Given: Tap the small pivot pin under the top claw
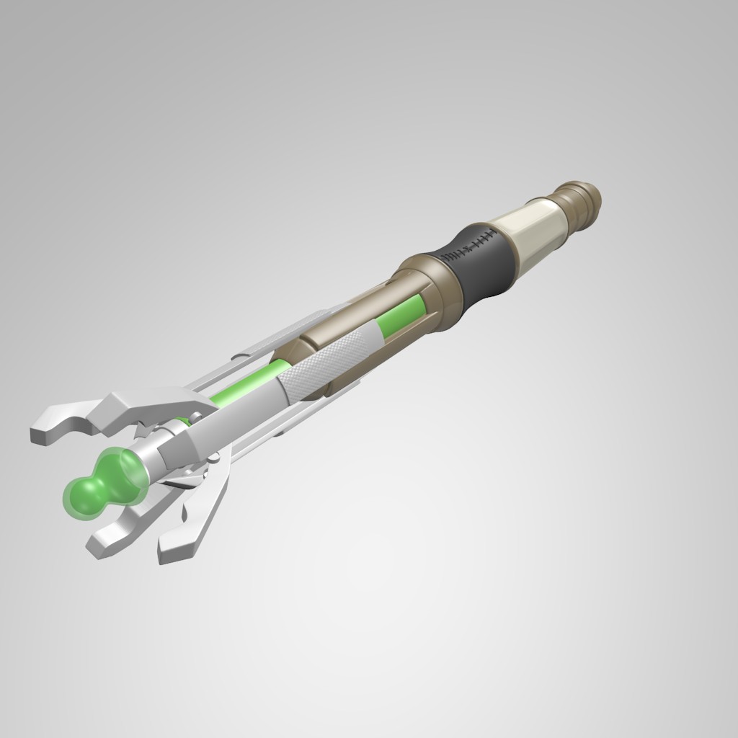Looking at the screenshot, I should pyautogui.click(x=195, y=417).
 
